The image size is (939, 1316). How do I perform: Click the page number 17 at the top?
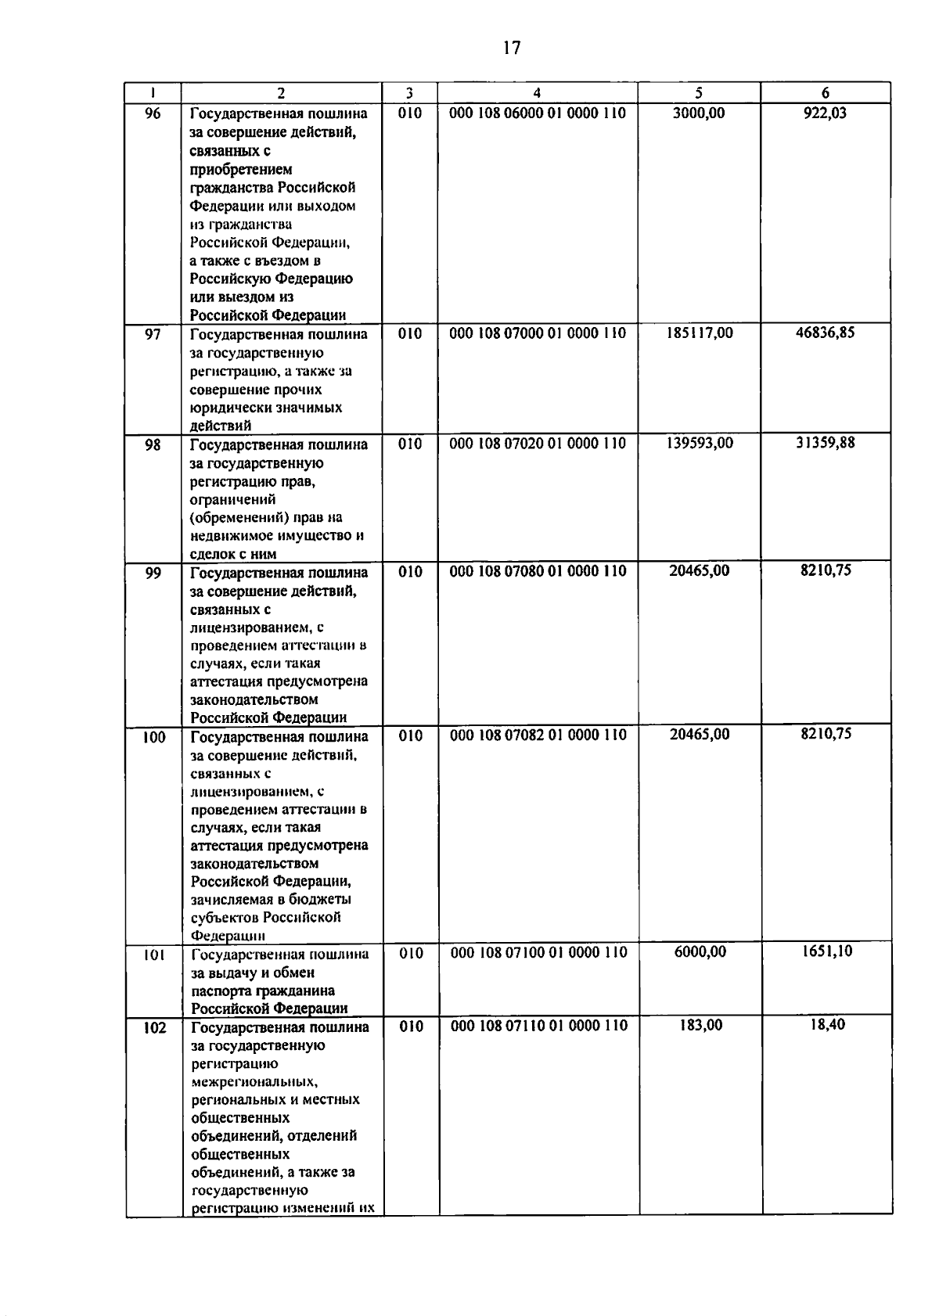point(512,48)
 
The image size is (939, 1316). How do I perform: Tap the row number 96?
point(153,113)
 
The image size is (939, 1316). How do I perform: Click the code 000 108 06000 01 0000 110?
point(538,113)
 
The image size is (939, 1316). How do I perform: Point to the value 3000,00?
point(699,113)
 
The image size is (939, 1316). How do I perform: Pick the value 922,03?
point(825,113)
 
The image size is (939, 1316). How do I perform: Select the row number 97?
point(153,334)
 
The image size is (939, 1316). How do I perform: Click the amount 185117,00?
point(700,333)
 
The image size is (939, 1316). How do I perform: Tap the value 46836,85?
point(826,333)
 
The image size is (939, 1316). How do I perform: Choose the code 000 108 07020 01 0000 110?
point(538,444)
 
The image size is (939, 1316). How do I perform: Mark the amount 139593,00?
point(700,444)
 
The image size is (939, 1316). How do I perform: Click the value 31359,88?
point(826,443)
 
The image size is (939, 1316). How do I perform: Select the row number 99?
point(153,573)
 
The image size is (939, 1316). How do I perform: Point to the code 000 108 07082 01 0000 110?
point(538,735)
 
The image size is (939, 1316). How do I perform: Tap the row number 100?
point(154,737)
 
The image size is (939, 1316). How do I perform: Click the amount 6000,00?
point(700,952)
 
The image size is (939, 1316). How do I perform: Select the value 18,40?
point(827,1024)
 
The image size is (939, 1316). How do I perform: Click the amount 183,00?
point(701,1025)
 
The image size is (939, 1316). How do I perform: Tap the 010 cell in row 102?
point(411,1027)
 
